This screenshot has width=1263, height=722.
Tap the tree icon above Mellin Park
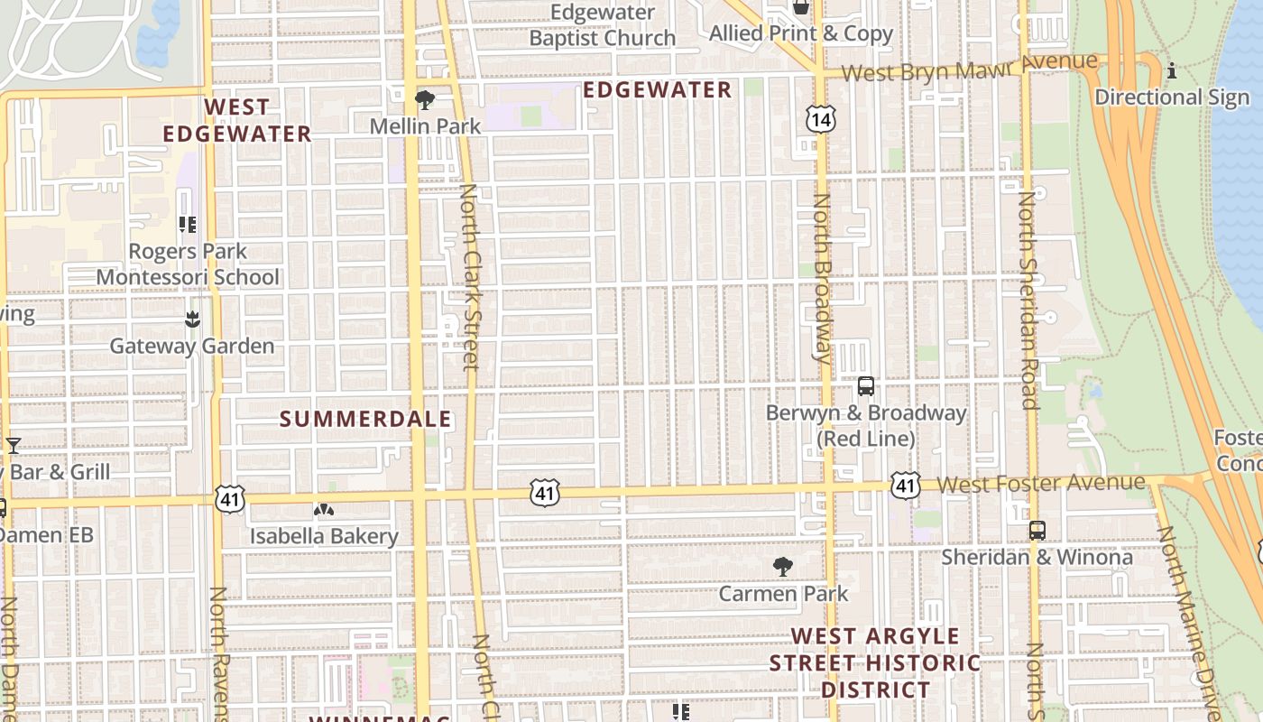point(424,99)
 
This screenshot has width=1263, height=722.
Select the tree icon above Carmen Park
point(783,567)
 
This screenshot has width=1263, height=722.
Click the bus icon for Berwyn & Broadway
point(866,386)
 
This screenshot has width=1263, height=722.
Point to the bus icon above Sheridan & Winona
point(1037,531)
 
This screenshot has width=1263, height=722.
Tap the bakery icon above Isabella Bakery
point(324,510)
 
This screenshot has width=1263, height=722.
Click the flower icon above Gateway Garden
point(191,319)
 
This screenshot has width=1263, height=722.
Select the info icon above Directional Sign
point(1172,70)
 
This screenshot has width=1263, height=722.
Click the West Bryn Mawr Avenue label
point(969,68)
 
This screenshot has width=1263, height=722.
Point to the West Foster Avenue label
point(1041,484)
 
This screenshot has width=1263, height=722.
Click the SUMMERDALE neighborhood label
point(365,419)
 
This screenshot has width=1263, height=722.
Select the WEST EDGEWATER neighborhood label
point(236,120)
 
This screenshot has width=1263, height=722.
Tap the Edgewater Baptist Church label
point(602,25)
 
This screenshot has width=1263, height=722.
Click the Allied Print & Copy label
point(801,34)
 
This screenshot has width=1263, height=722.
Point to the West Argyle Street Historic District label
point(874,662)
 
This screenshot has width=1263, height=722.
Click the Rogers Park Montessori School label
point(188,264)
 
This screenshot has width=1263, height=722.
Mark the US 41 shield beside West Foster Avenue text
point(905,485)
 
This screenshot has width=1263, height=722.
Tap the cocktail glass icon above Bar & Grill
point(14,445)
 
